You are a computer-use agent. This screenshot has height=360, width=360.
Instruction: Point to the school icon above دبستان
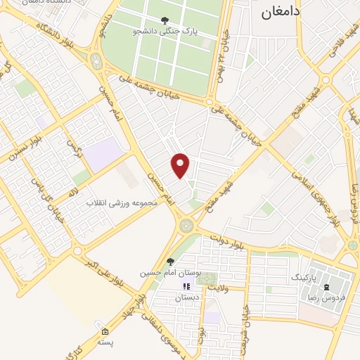point(186,286)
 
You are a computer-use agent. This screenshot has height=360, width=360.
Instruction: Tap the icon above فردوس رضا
point(326,288)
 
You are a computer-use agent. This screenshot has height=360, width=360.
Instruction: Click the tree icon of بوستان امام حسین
point(170,262)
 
